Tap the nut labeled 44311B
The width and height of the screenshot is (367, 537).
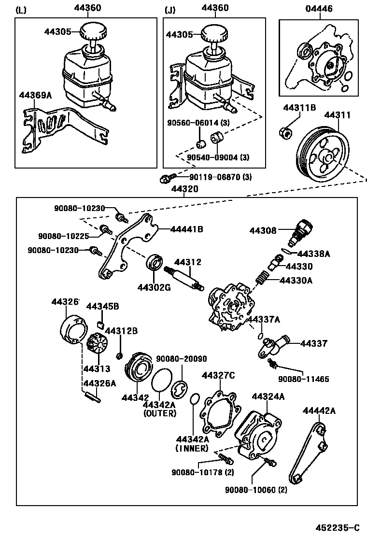[x=285, y=132]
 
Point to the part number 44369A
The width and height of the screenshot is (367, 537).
[x=35, y=95]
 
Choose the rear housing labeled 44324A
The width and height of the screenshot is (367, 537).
[x=258, y=435]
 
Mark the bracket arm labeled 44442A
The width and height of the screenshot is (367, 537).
[x=307, y=452]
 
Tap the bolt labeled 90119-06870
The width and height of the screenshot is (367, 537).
[x=165, y=180]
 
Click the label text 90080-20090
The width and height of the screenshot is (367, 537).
[x=181, y=359]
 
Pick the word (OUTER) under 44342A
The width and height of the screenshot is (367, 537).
[x=159, y=413]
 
